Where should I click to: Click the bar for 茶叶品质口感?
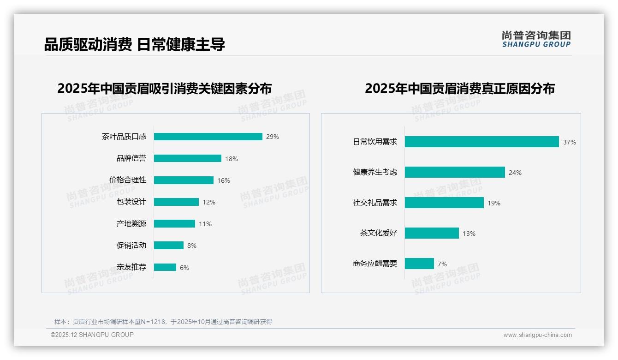coord(208,137)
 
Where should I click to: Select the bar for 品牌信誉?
coord(188,158)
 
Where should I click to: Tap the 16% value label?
coord(224,180)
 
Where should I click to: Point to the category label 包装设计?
coord(131,202)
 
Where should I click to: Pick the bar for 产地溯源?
coord(174,224)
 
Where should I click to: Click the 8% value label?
coord(192,246)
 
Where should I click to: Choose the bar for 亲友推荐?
coord(165,267)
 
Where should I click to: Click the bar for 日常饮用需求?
coord(482,142)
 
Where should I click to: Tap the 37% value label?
coord(569,142)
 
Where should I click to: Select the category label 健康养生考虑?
coord(375,172)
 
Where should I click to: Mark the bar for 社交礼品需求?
coord(444,203)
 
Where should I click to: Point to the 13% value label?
coord(469,234)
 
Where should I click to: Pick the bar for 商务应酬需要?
coord(419,264)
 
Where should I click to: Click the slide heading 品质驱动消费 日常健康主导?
coord(134,45)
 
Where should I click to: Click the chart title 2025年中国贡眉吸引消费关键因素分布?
coord(165,88)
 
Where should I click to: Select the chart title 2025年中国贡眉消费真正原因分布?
coord(460,88)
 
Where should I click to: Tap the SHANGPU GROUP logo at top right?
coord(536,39)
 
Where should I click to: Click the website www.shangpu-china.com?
coord(537,335)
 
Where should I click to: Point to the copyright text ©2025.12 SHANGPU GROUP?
coord(92,335)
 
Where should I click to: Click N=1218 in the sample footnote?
coord(149,322)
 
